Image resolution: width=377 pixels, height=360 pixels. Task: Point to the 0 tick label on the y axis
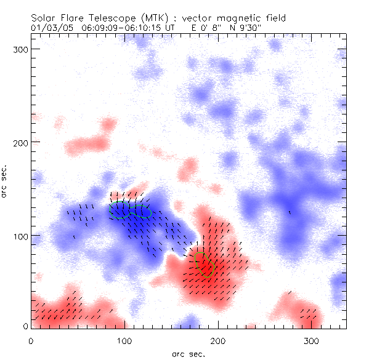(26, 326)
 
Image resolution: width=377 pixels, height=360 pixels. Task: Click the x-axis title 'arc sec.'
(188, 354)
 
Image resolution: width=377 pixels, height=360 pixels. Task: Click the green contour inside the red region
(204, 264)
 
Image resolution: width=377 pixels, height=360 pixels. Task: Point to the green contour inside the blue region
(130, 210)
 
